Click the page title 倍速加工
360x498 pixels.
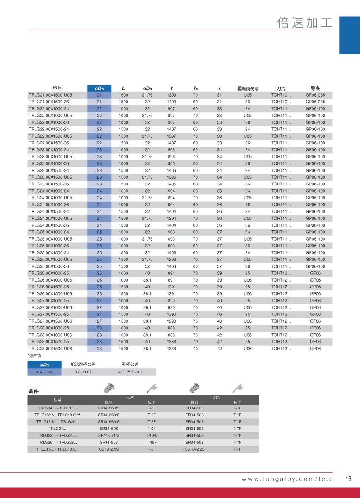(x=304, y=22)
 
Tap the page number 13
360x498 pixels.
(x=349, y=479)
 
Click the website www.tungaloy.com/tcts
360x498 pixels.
(x=287, y=479)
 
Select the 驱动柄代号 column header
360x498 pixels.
(x=247, y=89)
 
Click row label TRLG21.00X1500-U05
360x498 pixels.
(x=50, y=95)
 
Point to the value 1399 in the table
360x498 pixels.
(x=172, y=95)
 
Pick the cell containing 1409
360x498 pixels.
(x=172, y=102)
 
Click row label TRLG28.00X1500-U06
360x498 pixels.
(x=50, y=349)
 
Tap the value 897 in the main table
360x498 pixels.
(x=172, y=116)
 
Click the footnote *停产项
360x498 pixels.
(x=34, y=356)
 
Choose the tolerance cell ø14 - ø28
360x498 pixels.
(x=44, y=372)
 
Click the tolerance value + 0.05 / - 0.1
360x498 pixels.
(x=130, y=372)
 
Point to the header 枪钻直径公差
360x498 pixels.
(x=83, y=364)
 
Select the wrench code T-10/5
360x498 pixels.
(x=152, y=435)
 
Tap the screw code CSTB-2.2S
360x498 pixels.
(x=194, y=449)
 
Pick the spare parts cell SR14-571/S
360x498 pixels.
(x=109, y=435)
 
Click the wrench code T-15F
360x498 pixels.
(x=152, y=442)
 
